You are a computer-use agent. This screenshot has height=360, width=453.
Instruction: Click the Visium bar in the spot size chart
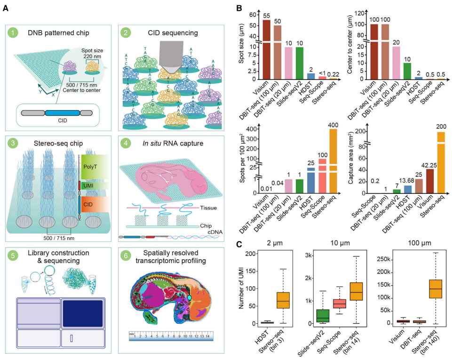(266, 49)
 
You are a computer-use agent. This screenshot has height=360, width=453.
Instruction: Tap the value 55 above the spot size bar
(266, 16)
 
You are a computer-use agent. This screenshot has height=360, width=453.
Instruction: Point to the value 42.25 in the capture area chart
(428, 165)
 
